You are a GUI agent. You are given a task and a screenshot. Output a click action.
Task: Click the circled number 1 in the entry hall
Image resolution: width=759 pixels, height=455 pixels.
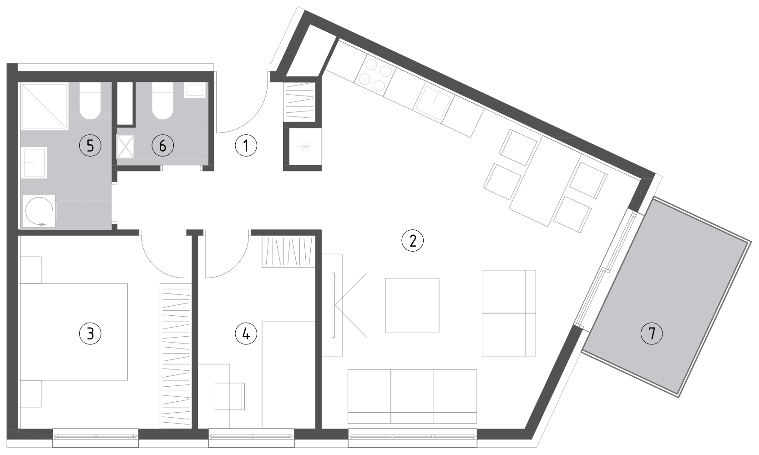pos(246,146)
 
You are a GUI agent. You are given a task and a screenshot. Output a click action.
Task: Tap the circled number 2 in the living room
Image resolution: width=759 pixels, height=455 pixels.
pos(412,241)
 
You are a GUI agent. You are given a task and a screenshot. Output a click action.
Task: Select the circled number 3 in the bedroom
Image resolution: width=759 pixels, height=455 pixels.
pos(90,334)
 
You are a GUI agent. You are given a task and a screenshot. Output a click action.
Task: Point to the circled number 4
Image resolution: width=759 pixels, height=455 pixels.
pos(246,334)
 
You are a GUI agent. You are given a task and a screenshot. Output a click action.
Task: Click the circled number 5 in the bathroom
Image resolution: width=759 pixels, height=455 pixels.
pos(90,146)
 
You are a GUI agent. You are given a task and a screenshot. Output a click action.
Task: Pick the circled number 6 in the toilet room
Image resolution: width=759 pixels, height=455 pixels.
pos(162,146)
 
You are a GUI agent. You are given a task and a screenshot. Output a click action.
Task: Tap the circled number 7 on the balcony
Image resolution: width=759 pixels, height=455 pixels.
pos(652,334)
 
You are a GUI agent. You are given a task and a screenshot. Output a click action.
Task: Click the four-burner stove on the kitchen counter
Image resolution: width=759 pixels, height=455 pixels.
pos(375,77)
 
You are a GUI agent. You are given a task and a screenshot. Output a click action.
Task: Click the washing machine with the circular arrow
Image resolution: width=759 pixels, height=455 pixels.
pos(39,211)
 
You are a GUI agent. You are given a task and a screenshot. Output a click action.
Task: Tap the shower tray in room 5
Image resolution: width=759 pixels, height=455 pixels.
pos(45,106)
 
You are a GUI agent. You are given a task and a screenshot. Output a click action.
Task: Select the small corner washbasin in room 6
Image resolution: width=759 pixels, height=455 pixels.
pos(195,90)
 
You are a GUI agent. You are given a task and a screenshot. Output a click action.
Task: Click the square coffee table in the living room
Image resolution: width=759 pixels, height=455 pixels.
pos(412,305)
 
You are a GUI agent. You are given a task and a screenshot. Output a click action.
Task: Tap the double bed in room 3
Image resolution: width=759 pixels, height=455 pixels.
pos(74,332)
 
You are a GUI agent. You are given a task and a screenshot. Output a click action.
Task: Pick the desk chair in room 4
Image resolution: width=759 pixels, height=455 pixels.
pos(230,396)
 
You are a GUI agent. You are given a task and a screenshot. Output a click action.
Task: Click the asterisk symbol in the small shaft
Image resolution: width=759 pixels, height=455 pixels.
pos(305,147)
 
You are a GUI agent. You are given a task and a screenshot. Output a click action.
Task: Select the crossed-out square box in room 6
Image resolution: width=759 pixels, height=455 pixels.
pos(126,147)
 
